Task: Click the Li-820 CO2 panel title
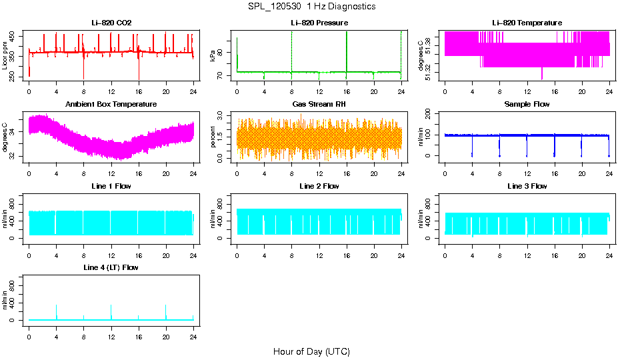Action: click(111, 23)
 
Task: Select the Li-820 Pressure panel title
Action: click(319, 23)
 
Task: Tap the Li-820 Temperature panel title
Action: click(527, 23)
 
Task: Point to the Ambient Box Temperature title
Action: click(111, 105)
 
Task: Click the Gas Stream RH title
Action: click(319, 105)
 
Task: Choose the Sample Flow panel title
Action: click(527, 105)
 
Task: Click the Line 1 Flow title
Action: click(111, 186)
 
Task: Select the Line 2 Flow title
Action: click(319, 186)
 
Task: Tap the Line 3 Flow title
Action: click(527, 186)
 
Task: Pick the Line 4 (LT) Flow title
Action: click(111, 267)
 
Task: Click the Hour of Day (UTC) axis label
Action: click(311, 351)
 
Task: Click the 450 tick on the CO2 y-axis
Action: click(13, 37)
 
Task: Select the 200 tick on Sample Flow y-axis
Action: click(429, 113)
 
